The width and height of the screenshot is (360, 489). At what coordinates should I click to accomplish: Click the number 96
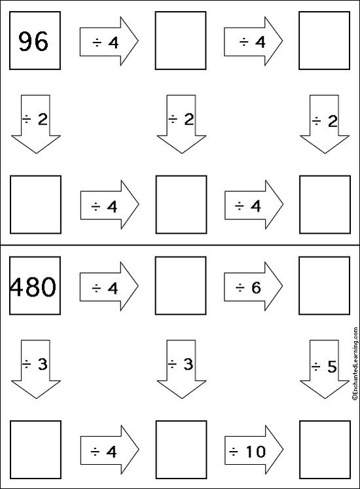[33, 41]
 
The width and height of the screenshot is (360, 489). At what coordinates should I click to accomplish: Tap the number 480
[33, 287]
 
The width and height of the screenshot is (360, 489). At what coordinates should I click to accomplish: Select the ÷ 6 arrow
[253, 286]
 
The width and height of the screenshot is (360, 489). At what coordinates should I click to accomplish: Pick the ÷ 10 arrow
[254, 450]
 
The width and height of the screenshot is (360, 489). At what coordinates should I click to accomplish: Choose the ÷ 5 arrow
[325, 369]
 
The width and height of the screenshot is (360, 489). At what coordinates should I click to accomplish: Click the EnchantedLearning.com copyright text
[355, 363]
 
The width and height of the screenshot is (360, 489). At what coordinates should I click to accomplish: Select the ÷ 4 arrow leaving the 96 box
[109, 41]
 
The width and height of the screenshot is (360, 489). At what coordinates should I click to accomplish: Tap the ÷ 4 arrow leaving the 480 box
[109, 286]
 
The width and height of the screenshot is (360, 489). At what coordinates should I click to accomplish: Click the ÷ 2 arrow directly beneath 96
[35, 124]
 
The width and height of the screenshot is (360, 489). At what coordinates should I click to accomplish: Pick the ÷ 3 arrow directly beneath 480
[35, 369]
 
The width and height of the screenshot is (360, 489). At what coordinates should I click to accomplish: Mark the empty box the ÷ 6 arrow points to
[325, 285]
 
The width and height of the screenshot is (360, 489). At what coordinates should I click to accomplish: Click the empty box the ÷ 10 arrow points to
[325, 450]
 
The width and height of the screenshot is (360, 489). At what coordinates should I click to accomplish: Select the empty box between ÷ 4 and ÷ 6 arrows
[181, 285]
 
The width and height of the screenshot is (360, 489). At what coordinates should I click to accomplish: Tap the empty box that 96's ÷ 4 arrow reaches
[181, 41]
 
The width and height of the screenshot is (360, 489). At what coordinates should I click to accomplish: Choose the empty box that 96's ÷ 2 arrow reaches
[35, 205]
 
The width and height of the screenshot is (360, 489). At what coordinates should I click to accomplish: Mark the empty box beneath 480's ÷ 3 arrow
[35, 450]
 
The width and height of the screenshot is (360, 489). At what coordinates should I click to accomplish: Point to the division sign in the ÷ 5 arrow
[315, 367]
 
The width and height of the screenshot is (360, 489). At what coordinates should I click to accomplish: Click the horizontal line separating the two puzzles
[180, 245]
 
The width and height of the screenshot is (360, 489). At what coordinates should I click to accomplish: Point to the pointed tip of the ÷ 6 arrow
[283, 286]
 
